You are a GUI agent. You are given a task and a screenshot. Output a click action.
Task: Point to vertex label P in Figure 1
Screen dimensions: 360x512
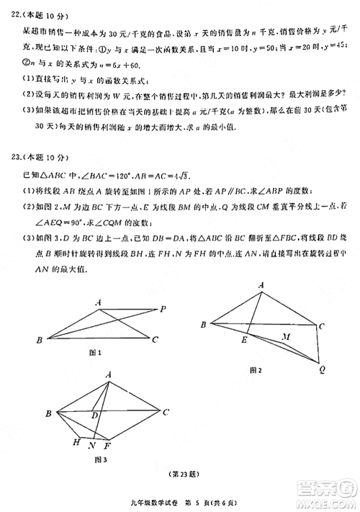(x=163, y=309)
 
